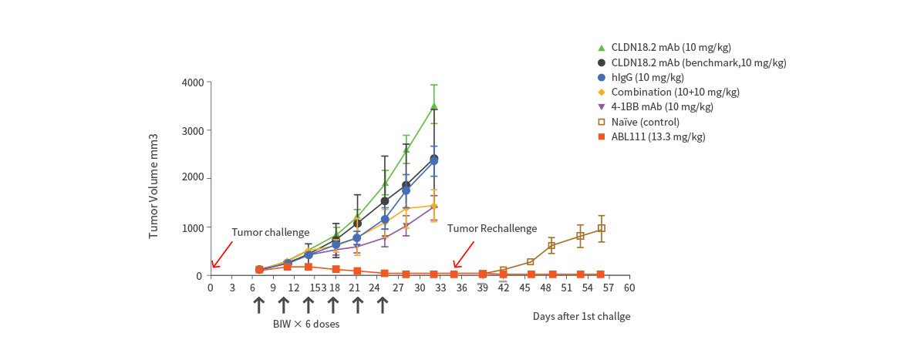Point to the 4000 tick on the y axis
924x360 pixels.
193,82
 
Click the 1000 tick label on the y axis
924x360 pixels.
193,227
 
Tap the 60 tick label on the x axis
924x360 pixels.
629,288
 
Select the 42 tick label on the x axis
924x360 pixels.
504,288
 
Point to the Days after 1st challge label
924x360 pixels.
581,316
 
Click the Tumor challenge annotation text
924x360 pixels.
271,232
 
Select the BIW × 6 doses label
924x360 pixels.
305,324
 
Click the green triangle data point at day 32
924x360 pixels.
434,106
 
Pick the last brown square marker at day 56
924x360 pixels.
601,228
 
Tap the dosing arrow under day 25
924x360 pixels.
382,304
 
